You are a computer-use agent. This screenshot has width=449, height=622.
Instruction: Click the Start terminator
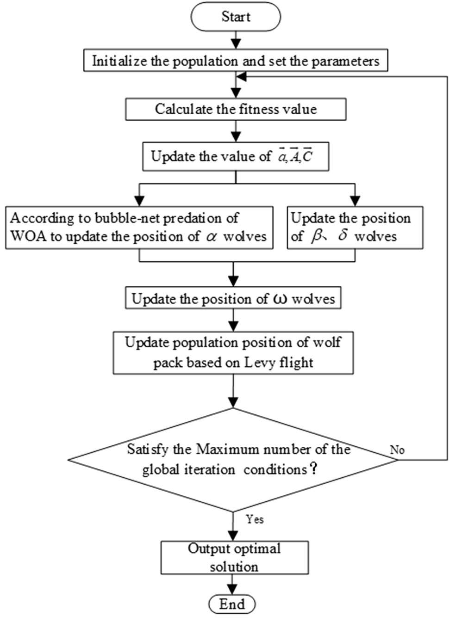(x=236, y=17)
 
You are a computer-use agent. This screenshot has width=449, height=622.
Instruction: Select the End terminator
(x=232, y=604)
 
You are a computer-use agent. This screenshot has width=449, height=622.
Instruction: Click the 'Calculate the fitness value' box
(x=236, y=109)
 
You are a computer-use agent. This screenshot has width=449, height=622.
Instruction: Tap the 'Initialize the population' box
(x=236, y=61)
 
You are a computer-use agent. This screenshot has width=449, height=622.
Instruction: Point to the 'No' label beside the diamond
(x=397, y=450)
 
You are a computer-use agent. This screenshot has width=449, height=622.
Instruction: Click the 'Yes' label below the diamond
(x=255, y=519)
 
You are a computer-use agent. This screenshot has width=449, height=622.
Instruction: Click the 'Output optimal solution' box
(x=234, y=557)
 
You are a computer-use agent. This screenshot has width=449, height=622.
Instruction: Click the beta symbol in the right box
(x=317, y=236)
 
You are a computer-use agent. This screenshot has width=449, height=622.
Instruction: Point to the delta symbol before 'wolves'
(x=343, y=235)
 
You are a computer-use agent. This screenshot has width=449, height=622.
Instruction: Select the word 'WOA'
(x=28, y=236)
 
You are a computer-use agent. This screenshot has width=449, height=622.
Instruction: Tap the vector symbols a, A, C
(x=295, y=156)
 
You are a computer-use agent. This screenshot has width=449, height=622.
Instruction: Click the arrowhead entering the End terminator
(x=232, y=589)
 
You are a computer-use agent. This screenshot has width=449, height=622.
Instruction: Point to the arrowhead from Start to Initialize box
(x=236, y=43)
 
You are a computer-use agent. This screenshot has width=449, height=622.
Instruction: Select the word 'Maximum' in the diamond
(x=226, y=449)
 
